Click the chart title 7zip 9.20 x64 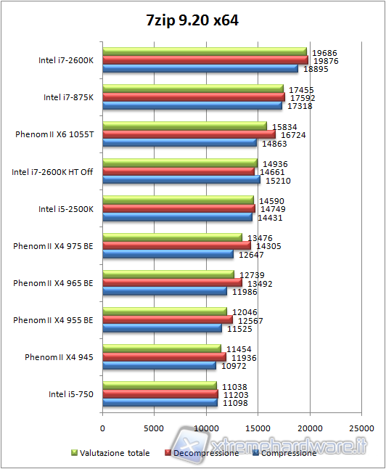click(x=192, y=21)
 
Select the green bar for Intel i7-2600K click(x=205, y=52)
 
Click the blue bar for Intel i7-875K click(x=192, y=106)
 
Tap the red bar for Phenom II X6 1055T click(x=189, y=134)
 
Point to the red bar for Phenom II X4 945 click(x=164, y=356)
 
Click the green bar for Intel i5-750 click(x=160, y=385)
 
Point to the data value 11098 click(x=236, y=402)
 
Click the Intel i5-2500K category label click(x=66, y=209)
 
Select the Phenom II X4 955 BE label click(x=53, y=319)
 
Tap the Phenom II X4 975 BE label click(x=53, y=245)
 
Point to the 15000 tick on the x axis click(x=258, y=428)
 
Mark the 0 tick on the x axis click(x=103, y=428)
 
